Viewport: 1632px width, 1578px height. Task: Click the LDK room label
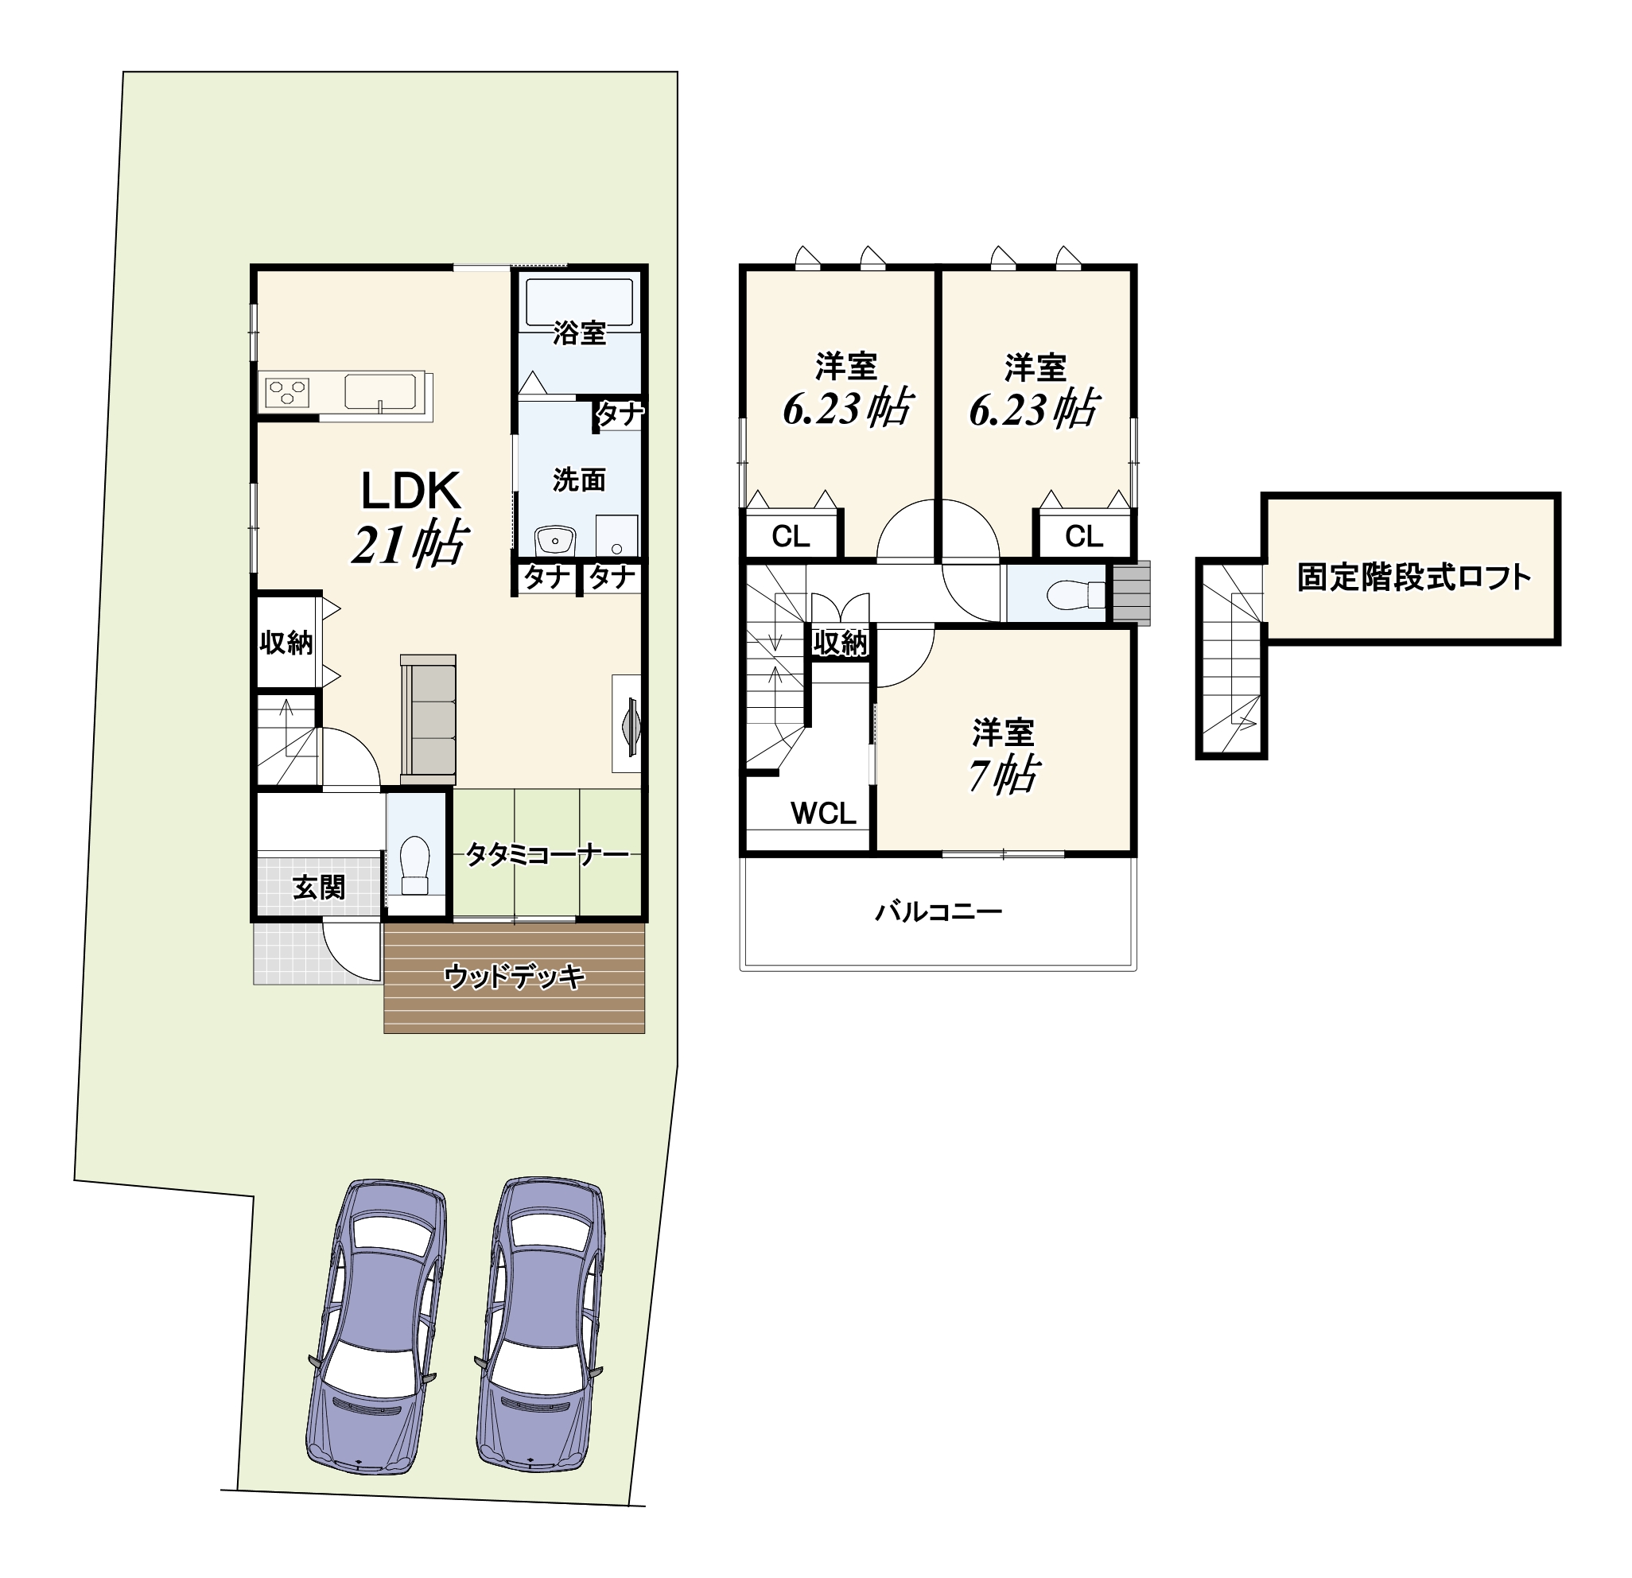coord(410,492)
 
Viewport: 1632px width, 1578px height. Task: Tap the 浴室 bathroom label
coord(580,333)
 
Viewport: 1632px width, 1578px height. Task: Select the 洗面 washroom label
coord(580,480)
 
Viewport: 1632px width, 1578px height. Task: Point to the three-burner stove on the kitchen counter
coord(287,391)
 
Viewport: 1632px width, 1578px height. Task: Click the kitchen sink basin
coord(380,392)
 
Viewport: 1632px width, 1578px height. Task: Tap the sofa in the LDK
coord(428,720)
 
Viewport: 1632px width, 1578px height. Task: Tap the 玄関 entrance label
coord(319,888)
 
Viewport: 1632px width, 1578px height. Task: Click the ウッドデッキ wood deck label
coord(515,976)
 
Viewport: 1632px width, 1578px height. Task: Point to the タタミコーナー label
coord(547,855)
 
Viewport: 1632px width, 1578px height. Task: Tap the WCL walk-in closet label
coord(823,813)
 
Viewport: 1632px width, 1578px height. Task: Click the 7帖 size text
coord(1003,775)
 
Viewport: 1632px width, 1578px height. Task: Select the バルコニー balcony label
coord(938,911)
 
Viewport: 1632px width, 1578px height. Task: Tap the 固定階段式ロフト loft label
coord(1414,577)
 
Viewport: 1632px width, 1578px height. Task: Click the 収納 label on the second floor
coord(840,643)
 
